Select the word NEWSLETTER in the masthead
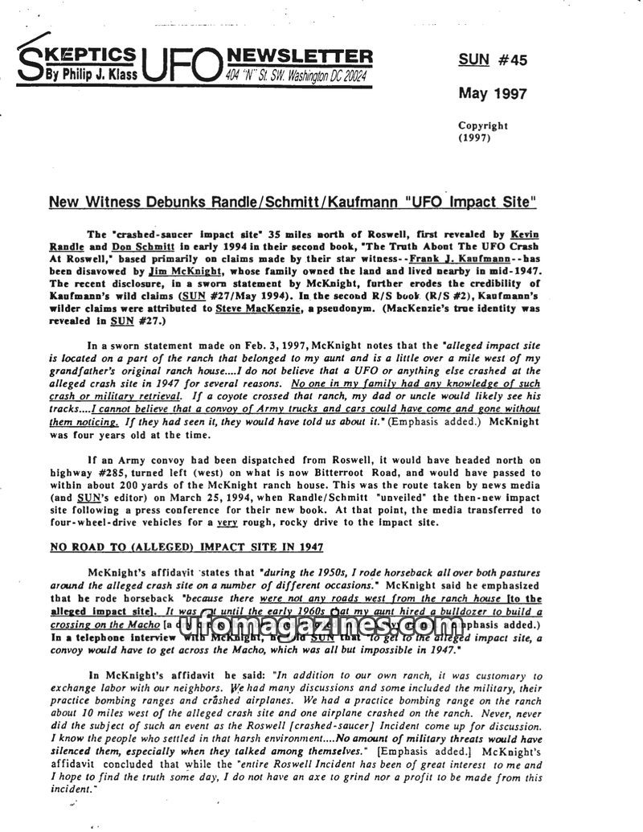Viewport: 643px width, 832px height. [301, 55]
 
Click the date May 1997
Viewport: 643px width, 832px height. [493, 93]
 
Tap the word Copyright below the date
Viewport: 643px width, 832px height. [483, 125]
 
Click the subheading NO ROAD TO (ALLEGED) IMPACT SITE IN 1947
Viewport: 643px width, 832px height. [186, 547]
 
